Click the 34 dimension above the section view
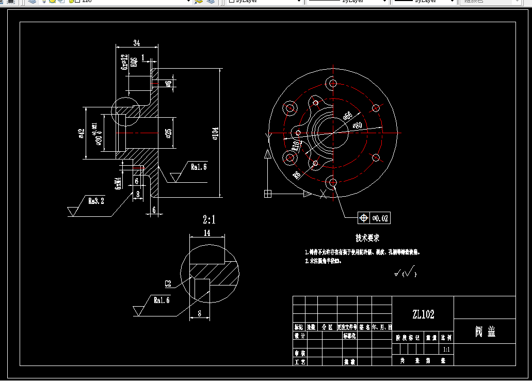click(x=137, y=42)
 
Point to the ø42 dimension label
click(x=81, y=134)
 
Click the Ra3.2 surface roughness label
click(x=96, y=201)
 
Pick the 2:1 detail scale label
click(x=209, y=220)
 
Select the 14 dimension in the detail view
click(x=207, y=233)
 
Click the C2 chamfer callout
click(x=168, y=283)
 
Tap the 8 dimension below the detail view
click(x=200, y=313)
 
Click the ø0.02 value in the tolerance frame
click(x=381, y=218)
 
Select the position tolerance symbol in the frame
click(x=364, y=218)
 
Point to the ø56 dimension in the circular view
click(x=348, y=116)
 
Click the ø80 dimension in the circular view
click(x=360, y=124)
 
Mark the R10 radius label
click(x=295, y=145)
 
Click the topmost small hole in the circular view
click(x=333, y=83)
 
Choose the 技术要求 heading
click(x=367, y=238)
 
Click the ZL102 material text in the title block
click(x=423, y=314)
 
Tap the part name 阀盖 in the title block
click(x=485, y=331)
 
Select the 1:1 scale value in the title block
click(x=446, y=350)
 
